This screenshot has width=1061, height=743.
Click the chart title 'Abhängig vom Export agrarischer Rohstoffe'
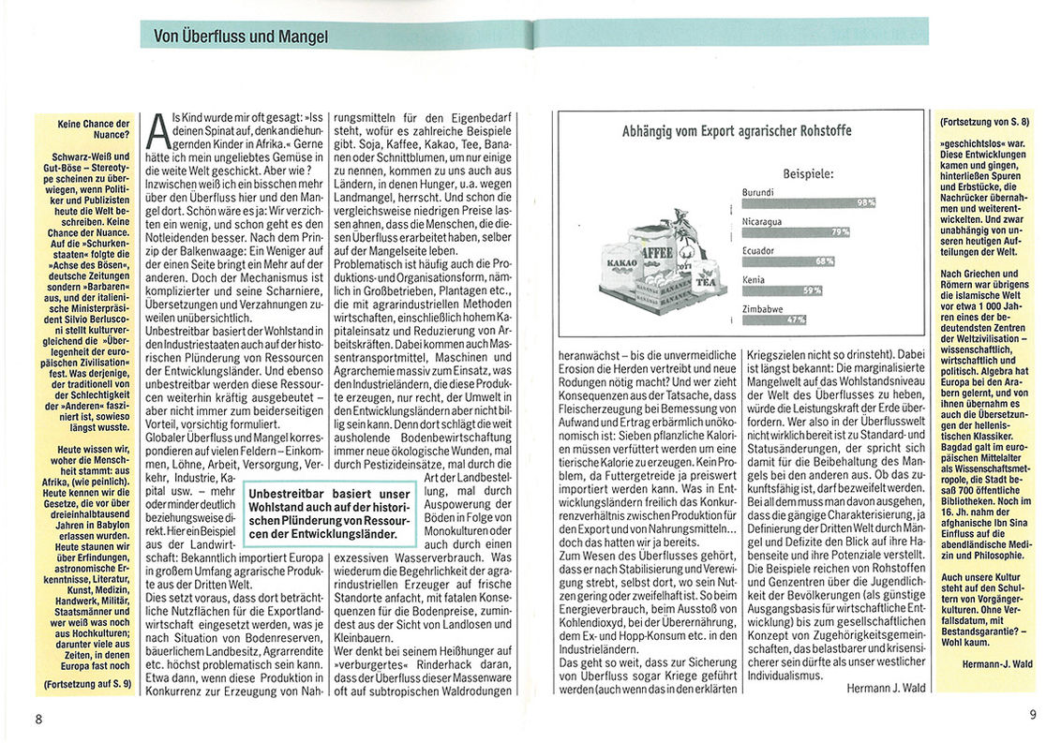click(737, 131)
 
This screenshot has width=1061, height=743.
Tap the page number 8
click(38, 720)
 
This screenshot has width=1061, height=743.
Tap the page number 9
click(1032, 714)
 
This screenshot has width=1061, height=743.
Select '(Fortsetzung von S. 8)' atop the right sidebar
click(984, 123)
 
